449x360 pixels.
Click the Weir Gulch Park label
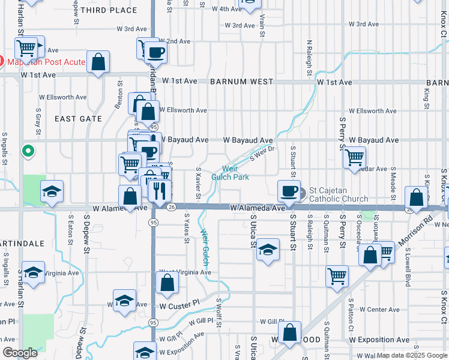[230, 173]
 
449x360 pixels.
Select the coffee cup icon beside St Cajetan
[289, 191]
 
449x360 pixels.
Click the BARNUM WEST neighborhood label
[241, 82]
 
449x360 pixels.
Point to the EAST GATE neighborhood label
[78, 119]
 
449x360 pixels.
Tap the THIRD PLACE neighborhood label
[108, 11]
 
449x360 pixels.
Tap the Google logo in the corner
[20, 353]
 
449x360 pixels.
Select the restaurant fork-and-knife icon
[160, 191]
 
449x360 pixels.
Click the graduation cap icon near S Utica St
[268, 250]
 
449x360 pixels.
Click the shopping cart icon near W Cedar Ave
[355, 157]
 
